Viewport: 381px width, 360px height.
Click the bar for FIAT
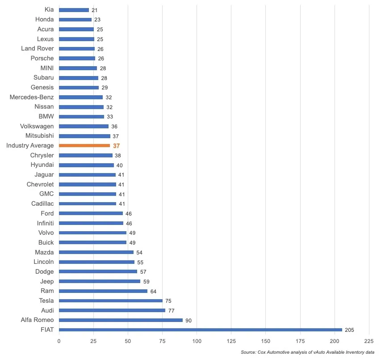pos(200,330)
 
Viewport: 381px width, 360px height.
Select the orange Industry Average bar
pos(84,146)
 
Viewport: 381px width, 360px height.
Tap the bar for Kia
pos(74,10)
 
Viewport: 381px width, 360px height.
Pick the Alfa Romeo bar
pos(121,320)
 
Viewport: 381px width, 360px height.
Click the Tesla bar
pos(110,301)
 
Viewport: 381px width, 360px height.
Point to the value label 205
pos(349,330)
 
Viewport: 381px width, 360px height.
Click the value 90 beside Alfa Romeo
pos(189,320)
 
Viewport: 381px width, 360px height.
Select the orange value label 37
pos(117,146)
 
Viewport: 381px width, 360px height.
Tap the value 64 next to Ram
pos(153,291)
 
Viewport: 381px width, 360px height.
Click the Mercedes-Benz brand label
pos(32,97)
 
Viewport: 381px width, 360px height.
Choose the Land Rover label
pos(38,48)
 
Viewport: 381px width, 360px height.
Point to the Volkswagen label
pos(37,126)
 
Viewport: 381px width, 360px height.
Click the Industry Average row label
pos(30,146)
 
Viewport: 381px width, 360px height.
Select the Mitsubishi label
pos(40,136)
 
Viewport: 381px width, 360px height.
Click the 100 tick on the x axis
pos(197,341)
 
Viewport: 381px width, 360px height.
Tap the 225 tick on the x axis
pos(369,341)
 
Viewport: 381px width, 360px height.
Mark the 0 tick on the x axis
pos(59,341)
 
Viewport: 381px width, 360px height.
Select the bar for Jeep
pos(100,281)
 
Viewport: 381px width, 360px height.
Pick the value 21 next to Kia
pos(95,10)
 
